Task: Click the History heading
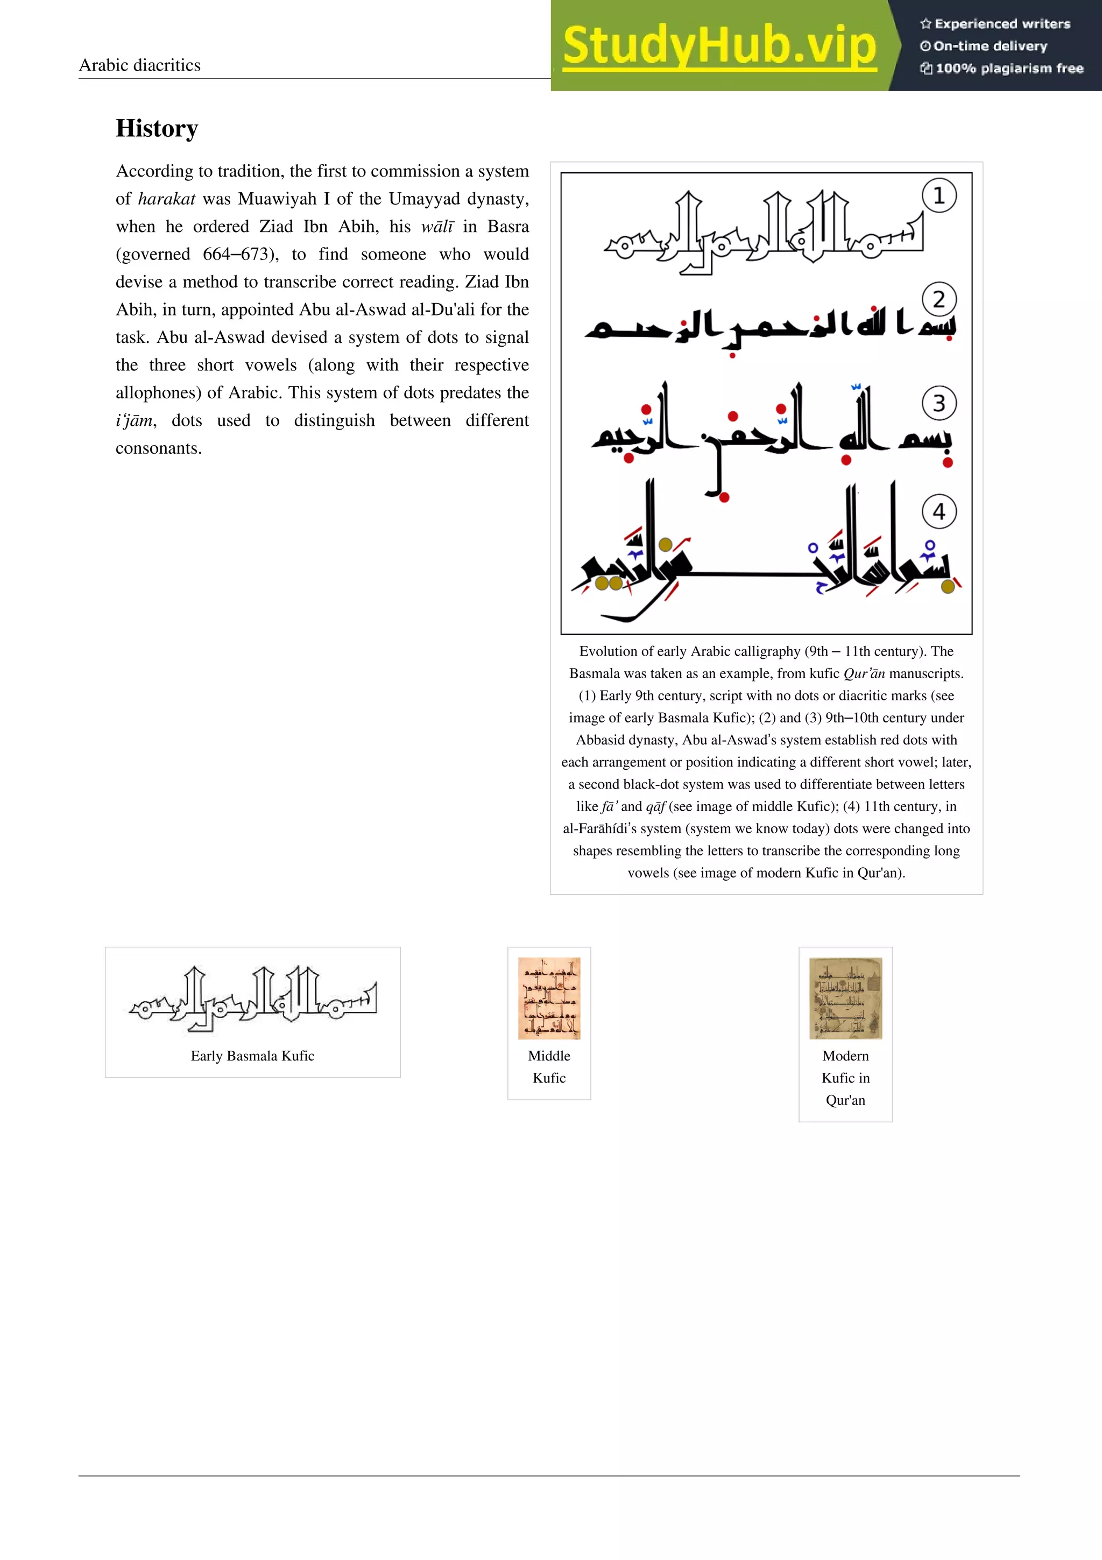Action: coord(157,129)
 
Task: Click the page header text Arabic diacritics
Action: coord(139,65)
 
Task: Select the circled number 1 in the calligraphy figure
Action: coord(939,196)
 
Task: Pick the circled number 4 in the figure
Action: coord(939,511)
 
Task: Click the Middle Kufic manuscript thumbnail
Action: coord(549,998)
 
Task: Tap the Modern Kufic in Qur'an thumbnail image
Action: coord(845,998)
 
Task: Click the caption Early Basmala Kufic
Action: coord(252,1056)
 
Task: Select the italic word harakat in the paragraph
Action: coord(166,199)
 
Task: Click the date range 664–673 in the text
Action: coord(236,255)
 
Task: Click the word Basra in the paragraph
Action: coord(508,227)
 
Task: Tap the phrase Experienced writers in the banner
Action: coord(1001,24)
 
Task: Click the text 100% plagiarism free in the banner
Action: coord(1008,68)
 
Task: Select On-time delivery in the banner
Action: coord(990,46)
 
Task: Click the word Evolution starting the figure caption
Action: coord(607,651)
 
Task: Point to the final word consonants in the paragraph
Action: coord(158,448)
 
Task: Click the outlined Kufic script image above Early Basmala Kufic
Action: coord(252,999)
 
